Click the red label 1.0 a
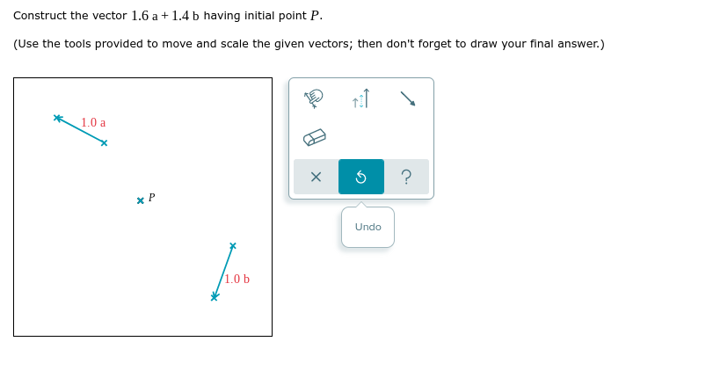click(x=93, y=123)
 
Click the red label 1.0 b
click(x=237, y=280)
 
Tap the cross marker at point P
click(x=141, y=201)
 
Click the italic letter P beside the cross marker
click(x=151, y=198)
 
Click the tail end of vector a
click(x=104, y=143)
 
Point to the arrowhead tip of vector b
click(x=215, y=297)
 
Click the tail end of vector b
click(x=233, y=245)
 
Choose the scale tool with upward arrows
click(x=361, y=99)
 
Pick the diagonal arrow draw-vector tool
click(x=408, y=99)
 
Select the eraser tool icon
click(x=315, y=137)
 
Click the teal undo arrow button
click(x=361, y=177)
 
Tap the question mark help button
click(x=406, y=177)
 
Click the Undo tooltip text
click(x=368, y=227)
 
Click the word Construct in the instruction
click(x=40, y=16)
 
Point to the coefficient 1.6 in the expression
click(x=140, y=16)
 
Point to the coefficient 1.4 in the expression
click(x=180, y=16)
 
